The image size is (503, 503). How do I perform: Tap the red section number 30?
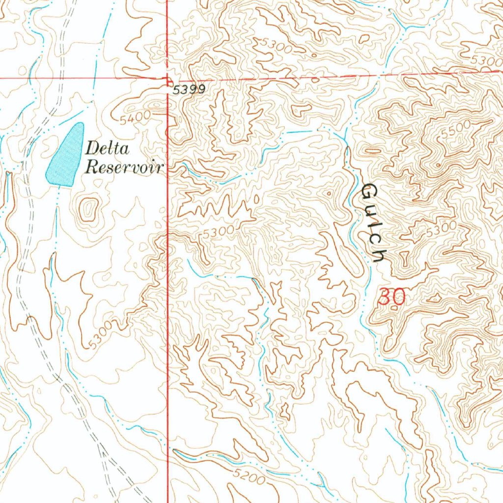[392, 297]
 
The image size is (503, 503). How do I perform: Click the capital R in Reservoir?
[91, 167]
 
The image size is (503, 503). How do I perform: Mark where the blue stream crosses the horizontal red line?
[379, 76]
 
